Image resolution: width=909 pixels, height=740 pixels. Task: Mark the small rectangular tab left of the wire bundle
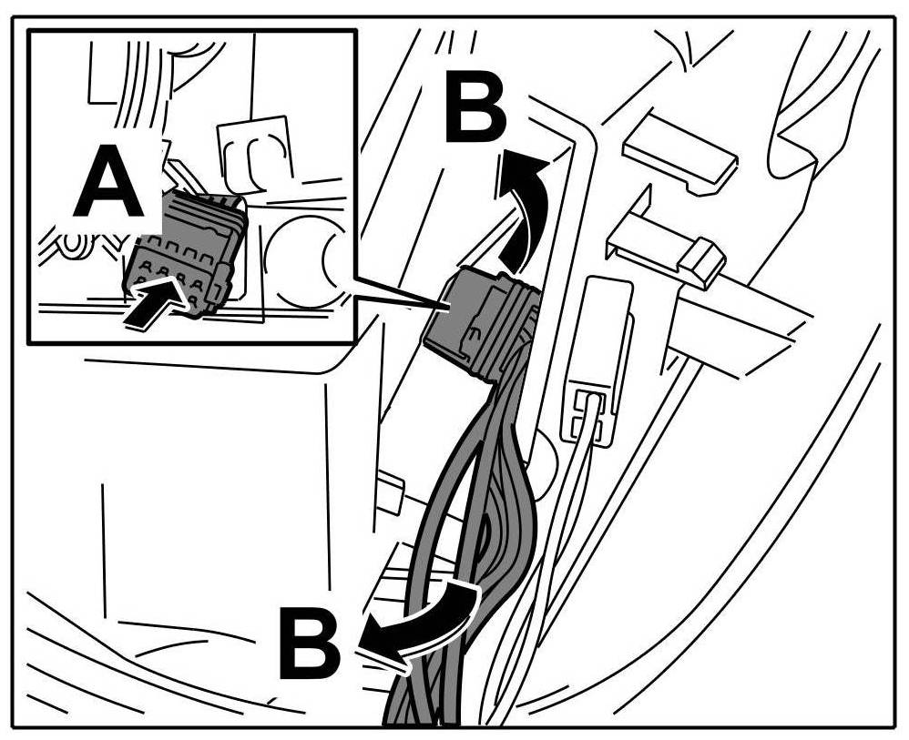tap(390, 492)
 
